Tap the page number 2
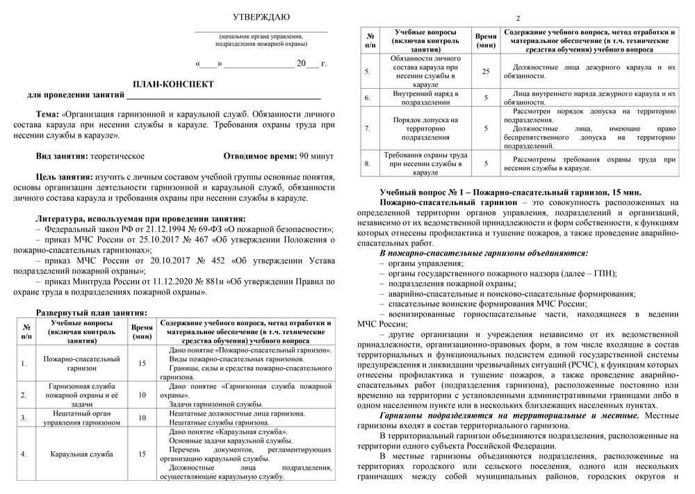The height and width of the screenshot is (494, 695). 518,17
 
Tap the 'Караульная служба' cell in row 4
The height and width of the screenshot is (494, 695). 79,455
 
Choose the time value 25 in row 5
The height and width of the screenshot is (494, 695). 485,70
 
